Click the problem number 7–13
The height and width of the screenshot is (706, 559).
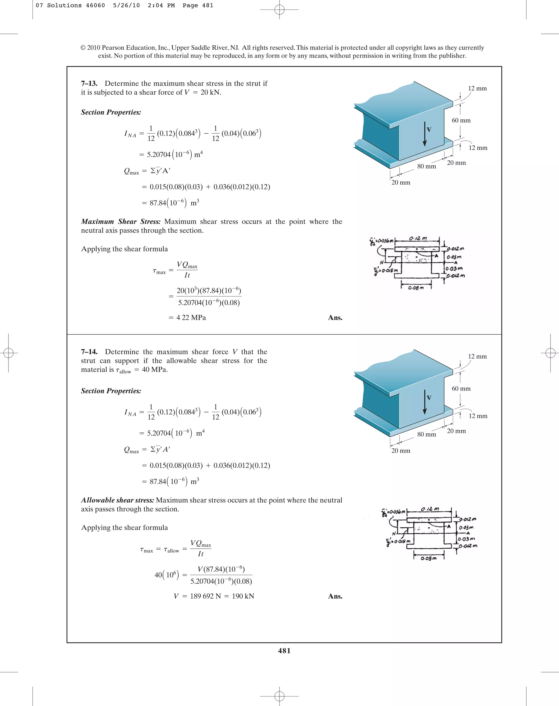pos(89,83)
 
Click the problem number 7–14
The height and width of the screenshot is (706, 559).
pos(89,352)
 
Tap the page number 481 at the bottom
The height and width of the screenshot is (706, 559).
pos(284,651)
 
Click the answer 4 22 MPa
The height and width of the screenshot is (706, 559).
pos(191,317)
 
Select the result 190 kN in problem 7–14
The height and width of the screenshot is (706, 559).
pos(243,596)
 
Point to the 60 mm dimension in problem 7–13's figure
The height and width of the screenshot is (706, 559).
pos(461,120)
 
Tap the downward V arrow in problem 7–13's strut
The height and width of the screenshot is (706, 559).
pos(425,134)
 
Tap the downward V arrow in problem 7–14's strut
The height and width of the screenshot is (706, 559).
pos(425,402)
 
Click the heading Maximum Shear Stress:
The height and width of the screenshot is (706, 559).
pos(121,221)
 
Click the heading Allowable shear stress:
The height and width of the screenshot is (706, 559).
pos(117,500)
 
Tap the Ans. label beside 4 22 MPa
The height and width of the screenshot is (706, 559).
pos(335,317)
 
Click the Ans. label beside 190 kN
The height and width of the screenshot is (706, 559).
pos(335,596)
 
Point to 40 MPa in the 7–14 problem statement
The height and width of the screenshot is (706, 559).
pos(155,369)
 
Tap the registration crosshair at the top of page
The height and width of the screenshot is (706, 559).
pos(279,10)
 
